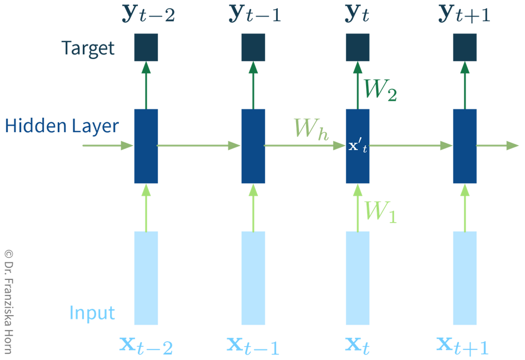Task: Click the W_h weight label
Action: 311,129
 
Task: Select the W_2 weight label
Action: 380,89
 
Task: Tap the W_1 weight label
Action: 381,211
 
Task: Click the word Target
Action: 88,48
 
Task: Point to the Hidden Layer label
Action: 62,126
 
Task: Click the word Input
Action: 92,313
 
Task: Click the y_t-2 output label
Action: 148,15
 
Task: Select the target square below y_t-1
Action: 253,48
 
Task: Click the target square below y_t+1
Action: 465,48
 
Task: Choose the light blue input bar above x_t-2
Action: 146,278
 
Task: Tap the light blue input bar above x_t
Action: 358,278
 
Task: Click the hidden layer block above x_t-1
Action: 253,146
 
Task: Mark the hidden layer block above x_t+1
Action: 465,146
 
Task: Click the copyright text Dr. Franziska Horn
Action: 8,301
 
